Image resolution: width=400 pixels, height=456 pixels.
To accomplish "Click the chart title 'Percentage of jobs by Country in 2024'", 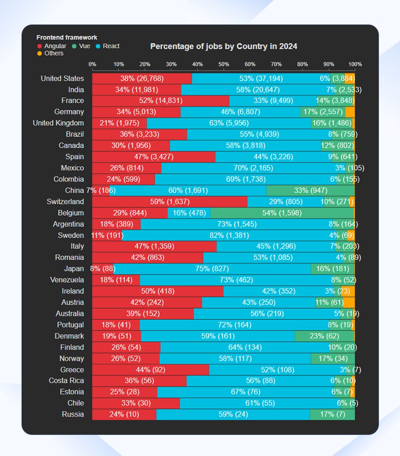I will coord(223,47).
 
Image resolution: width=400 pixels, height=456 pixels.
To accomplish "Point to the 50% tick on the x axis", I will coord(224,64).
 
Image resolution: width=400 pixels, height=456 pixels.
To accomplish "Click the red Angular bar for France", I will coord(161,101).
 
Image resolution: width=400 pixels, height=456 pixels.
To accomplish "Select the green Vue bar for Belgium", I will coord(282,213).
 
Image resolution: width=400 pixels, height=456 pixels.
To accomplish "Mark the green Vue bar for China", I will coord(310,190).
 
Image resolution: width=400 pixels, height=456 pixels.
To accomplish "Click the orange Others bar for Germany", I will coord(350,112).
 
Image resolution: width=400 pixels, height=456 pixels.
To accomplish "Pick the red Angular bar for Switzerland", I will coord(169,201).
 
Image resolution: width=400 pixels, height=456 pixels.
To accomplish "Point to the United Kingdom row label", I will coord(58,123).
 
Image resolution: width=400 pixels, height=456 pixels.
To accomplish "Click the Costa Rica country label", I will coord(66,381).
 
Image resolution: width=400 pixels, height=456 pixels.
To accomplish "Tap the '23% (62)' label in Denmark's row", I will coord(324,336).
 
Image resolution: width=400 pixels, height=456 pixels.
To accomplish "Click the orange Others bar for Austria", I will coord(349,302).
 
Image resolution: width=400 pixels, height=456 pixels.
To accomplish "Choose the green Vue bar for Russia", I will coord(332,414).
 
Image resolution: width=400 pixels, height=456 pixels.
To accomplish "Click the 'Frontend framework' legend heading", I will coord(67,38).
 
